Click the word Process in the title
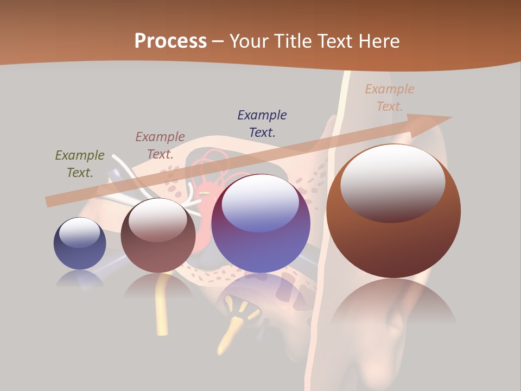tap(170, 41)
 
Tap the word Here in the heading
tap(377, 41)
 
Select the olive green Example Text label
tap(80, 164)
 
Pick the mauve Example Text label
tap(160, 146)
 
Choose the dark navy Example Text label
tap(262, 123)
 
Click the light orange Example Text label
tap(390, 98)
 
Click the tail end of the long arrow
tap(48, 201)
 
